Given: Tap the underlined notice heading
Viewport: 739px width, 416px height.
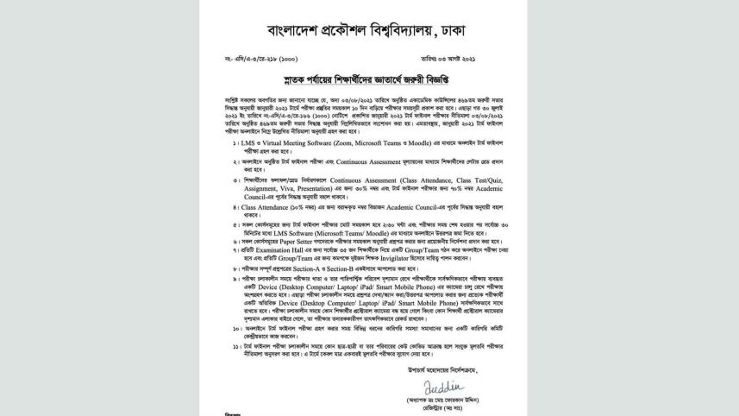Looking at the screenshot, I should [369, 86].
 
